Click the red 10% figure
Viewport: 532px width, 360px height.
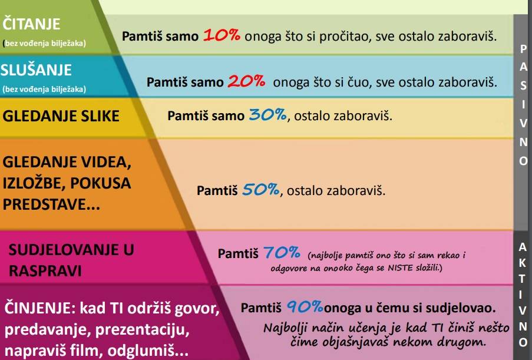pos(222,35)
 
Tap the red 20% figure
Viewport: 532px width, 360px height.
pos(246,81)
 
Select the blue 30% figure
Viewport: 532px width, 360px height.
pos(267,115)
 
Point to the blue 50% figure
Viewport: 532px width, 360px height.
pos(260,189)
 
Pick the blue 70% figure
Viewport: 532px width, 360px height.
pos(282,252)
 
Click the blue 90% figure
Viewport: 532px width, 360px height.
pos(305,307)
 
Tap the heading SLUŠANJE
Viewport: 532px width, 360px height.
pos(36,70)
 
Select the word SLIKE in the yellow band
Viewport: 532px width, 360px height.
pos(100,116)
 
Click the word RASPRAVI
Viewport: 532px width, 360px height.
pos(45,271)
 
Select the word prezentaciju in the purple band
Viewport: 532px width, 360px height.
pos(142,330)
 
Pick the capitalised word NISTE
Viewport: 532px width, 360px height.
pos(400,267)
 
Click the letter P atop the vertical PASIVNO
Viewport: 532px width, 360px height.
pos(523,49)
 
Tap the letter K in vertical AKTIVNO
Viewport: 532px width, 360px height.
pos(523,263)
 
